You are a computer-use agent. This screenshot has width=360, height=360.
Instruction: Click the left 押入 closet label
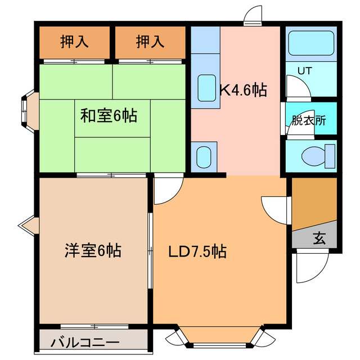coord(74,41)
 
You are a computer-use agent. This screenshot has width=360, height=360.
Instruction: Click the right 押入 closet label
coord(150,41)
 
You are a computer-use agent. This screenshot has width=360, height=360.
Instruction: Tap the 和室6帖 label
coord(109,116)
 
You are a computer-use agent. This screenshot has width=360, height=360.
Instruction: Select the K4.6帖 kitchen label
coord(243,89)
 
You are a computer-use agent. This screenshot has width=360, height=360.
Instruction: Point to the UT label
coord(304,71)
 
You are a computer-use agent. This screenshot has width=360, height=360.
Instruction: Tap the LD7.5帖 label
coord(198,252)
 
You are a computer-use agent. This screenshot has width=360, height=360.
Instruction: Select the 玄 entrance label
coord(319,238)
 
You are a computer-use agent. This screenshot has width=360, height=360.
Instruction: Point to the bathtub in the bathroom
coord(311,44)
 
